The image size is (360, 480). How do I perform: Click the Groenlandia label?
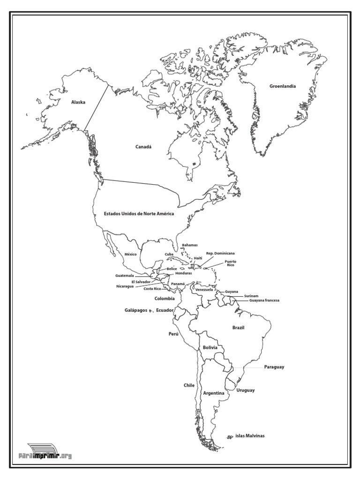click(x=282, y=86)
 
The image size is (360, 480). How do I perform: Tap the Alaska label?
click(x=78, y=102)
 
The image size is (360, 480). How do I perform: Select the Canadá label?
click(x=144, y=147)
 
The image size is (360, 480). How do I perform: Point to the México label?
click(x=130, y=254)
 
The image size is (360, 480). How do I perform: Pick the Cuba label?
click(x=169, y=254)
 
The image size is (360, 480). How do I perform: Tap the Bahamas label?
click(x=190, y=245)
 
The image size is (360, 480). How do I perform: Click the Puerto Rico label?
click(x=230, y=263)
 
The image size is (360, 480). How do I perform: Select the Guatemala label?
click(x=124, y=276)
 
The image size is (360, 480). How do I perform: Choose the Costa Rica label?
click(x=152, y=289)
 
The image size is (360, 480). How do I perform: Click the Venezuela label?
click(x=204, y=290)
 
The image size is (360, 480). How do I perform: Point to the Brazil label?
click(x=239, y=328)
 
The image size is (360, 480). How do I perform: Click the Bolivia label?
click(x=210, y=347)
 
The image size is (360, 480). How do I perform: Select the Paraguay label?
click(x=274, y=367)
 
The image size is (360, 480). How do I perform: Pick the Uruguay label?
click(x=246, y=390)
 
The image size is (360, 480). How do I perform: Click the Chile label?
click(x=189, y=385)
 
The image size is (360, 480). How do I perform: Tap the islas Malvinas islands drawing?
click(x=230, y=437)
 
